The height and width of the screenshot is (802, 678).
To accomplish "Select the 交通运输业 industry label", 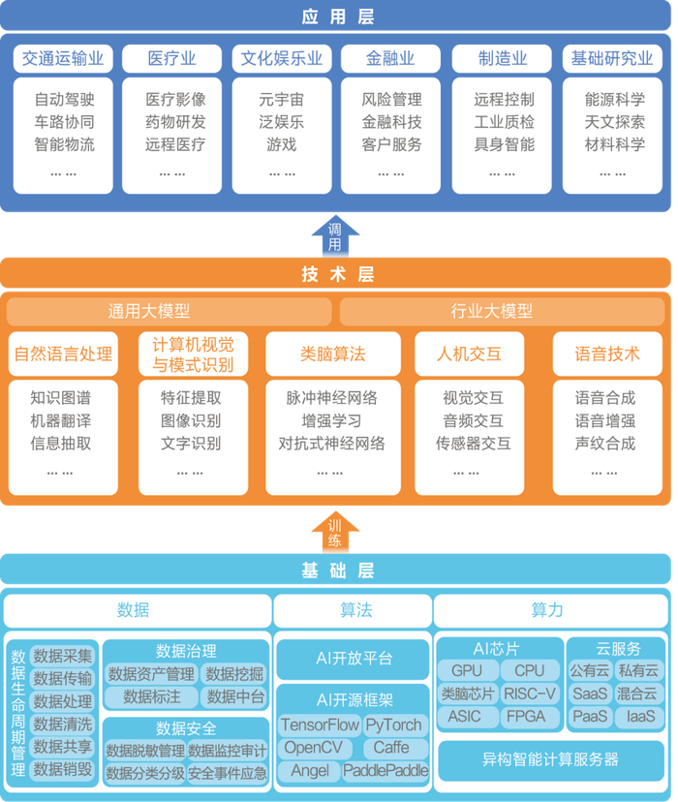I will pyautogui.click(x=62, y=59).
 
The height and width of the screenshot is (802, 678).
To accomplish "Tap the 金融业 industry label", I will pyautogui.click(x=391, y=59).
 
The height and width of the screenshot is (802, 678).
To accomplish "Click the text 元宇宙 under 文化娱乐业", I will pyautogui.click(x=282, y=99).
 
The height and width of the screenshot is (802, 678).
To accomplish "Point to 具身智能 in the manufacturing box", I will pyautogui.click(x=504, y=145).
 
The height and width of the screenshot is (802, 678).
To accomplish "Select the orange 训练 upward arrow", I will pyautogui.click(x=334, y=532).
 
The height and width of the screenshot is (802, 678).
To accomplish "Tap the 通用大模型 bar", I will pyautogui.click(x=169, y=312).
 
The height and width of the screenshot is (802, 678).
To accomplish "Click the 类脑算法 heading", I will pyautogui.click(x=332, y=355).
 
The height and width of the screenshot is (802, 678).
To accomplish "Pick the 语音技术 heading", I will pyautogui.click(x=607, y=355).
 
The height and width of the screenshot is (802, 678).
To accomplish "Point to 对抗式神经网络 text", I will pyautogui.click(x=332, y=444).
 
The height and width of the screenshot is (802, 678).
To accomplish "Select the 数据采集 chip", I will pyautogui.click(x=63, y=656).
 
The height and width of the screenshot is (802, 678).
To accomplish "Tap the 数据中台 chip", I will pyautogui.click(x=235, y=696).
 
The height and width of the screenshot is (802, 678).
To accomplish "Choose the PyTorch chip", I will pyautogui.click(x=394, y=725).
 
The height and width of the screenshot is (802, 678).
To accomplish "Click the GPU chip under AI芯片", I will pyautogui.click(x=466, y=670).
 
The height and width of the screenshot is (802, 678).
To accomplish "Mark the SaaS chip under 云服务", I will pyautogui.click(x=590, y=694).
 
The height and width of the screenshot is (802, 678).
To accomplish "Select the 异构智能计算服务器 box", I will pyautogui.click(x=550, y=758).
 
